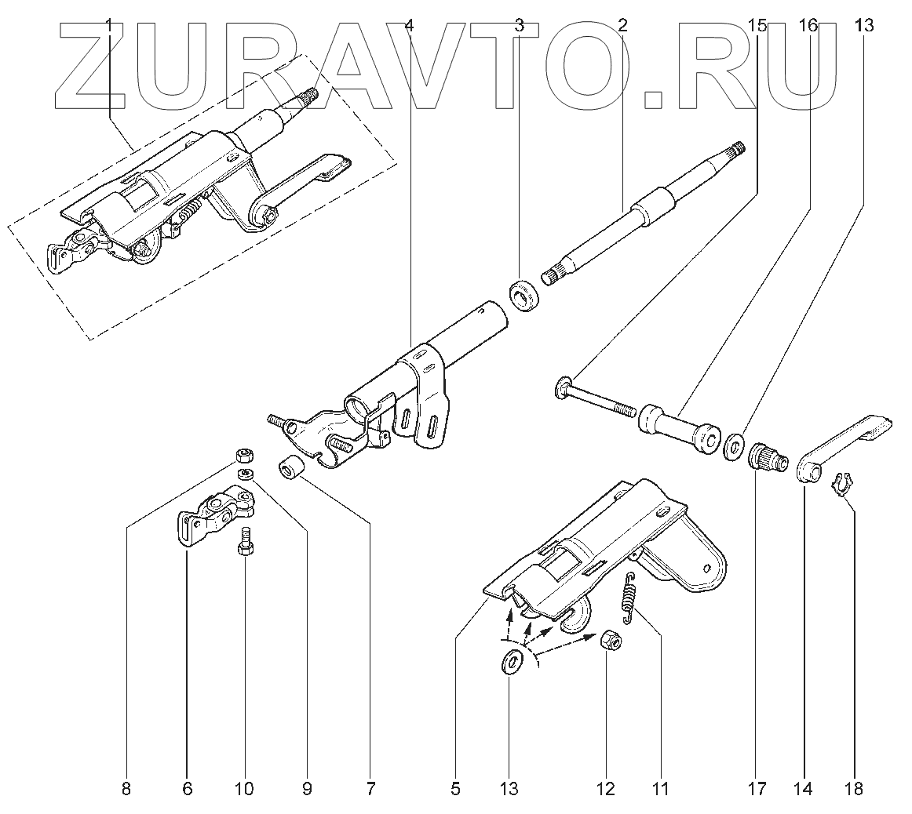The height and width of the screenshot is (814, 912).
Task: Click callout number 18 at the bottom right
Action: (855, 789)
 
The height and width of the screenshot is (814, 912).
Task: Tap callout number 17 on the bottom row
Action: (757, 789)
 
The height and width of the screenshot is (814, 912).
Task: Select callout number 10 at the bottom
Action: (244, 789)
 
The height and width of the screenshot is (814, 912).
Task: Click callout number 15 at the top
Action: (757, 26)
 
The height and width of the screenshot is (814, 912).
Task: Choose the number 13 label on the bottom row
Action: (509, 789)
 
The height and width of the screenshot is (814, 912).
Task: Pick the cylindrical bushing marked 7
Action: (290, 468)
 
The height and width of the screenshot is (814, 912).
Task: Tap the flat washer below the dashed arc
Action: (513, 660)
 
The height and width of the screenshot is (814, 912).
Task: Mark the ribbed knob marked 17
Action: (761, 457)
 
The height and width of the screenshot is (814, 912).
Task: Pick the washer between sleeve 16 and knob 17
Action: (734, 446)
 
